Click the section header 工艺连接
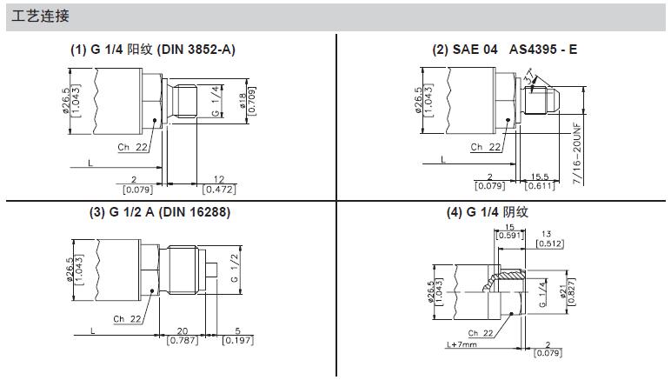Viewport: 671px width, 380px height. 40,17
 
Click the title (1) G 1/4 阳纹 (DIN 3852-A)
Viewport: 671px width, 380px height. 153,50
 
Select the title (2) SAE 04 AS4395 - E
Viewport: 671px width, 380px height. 504,50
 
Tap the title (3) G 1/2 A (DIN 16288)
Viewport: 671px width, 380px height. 160,212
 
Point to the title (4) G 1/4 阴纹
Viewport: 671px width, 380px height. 487,212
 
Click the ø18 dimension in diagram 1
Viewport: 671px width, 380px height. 242,102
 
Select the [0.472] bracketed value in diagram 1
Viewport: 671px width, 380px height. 219,190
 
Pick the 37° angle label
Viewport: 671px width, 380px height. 530,77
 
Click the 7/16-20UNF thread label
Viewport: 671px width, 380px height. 577,154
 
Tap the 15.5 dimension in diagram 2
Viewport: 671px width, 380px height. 540,177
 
